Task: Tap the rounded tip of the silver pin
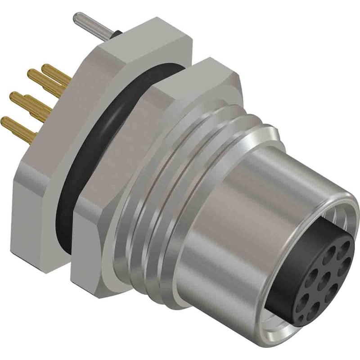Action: tap(75, 18)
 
